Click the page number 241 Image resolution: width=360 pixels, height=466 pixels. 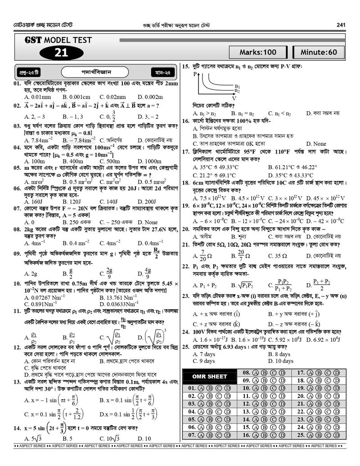pos(341,24)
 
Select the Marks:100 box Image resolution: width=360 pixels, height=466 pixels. pos(258,52)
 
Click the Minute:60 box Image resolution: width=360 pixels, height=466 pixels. pos(319,52)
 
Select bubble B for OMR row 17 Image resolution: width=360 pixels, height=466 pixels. pos(322,373)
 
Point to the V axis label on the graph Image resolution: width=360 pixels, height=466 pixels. pos(234,98)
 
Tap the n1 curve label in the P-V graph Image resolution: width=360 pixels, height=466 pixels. pos(237,86)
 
